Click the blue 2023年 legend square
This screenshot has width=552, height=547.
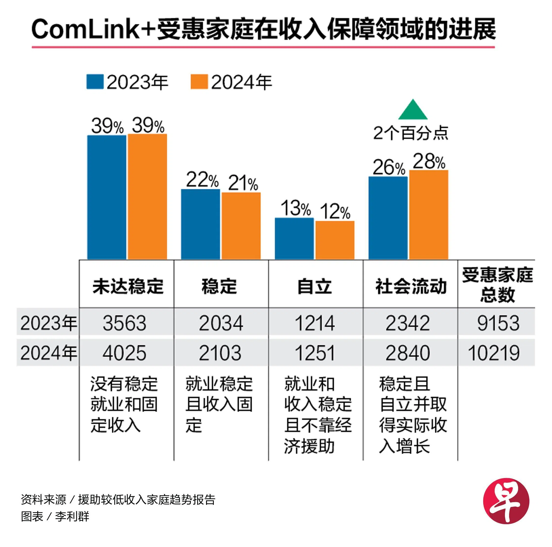click(x=95, y=82)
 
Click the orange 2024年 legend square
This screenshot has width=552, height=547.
click(x=199, y=82)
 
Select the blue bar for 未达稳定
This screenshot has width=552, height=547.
click(x=107, y=197)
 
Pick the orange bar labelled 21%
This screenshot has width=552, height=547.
click(x=241, y=226)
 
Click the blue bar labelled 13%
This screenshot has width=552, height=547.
click(x=294, y=239)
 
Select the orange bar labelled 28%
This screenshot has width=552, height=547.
click(x=429, y=214)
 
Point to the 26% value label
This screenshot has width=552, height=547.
click(x=389, y=168)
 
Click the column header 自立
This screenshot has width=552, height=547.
click(x=315, y=286)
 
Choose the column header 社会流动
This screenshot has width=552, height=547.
click(x=411, y=286)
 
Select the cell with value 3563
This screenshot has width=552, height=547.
click(x=125, y=323)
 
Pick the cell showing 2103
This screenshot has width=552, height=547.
click(x=220, y=353)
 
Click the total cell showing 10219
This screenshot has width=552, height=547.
click(x=494, y=353)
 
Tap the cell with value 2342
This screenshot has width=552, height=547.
click(x=408, y=323)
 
